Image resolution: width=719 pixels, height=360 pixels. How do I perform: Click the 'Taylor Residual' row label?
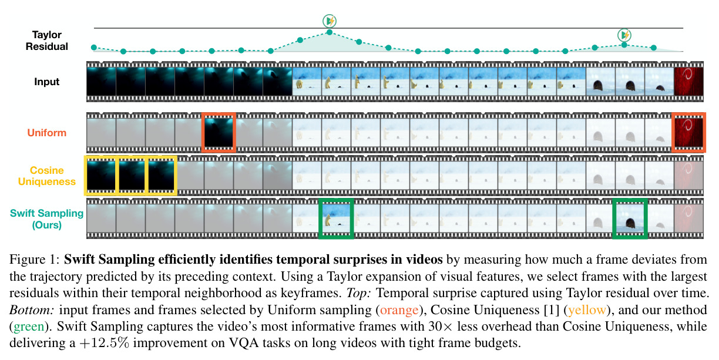coord(47,41)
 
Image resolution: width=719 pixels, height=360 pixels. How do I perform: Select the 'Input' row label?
coord(47,82)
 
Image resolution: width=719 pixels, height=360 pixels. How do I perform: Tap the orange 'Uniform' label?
coord(47,133)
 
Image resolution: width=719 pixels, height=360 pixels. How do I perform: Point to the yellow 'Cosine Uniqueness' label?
coord(47,176)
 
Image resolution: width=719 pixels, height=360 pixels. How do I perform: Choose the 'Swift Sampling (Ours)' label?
coord(47,219)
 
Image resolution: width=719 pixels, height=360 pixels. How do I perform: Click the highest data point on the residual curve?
coord(330,32)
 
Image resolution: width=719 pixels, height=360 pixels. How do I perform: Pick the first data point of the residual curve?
coord(94,48)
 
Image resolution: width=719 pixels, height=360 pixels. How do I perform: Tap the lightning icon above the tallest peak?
coord(330,21)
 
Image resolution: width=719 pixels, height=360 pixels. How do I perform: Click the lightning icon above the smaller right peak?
coord(624,35)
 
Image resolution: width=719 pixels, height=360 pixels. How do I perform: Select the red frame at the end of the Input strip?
coord(689,82)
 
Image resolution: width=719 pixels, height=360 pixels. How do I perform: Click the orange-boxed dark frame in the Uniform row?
coord(219,133)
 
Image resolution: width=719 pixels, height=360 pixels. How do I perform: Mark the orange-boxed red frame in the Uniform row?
coord(688,133)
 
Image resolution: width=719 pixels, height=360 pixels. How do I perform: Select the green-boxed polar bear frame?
coord(336,219)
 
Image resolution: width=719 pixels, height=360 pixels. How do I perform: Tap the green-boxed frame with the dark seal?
coord(630,219)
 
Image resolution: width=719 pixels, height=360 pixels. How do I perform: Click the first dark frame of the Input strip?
coord(101,82)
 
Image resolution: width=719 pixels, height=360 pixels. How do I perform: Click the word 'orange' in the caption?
coord(399,310)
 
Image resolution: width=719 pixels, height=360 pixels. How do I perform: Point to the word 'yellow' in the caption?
coord(587,310)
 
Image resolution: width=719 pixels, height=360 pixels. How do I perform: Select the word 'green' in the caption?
coord(29,327)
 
